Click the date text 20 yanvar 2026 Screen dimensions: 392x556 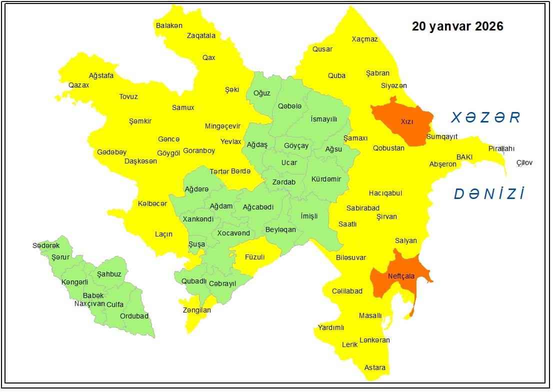(x=457, y=26)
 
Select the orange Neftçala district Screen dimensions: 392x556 (x=397, y=280)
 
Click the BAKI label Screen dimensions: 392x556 (x=464, y=157)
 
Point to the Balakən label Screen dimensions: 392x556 (x=169, y=25)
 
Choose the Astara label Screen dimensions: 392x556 (x=374, y=367)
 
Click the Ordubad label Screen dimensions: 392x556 (x=134, y=316)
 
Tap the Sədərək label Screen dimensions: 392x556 (x=46, y=245)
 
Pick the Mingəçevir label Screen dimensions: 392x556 (x=222, y=126)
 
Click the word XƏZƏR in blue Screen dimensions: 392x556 (x=485, y=117)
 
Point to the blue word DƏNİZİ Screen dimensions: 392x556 (x=489, y=194)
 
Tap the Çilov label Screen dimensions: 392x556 (x=524, y=162)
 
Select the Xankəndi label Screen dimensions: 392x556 (x=198, y=219)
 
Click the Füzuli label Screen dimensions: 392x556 (x=254, y=257)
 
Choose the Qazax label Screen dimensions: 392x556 (x=79, y=85)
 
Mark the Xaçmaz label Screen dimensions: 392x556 (x=364, y=39)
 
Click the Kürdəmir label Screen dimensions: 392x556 (x=326, y=179)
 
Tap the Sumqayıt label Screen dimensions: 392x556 (x=442, y=137)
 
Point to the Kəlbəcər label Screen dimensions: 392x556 (x=152, y=203)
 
